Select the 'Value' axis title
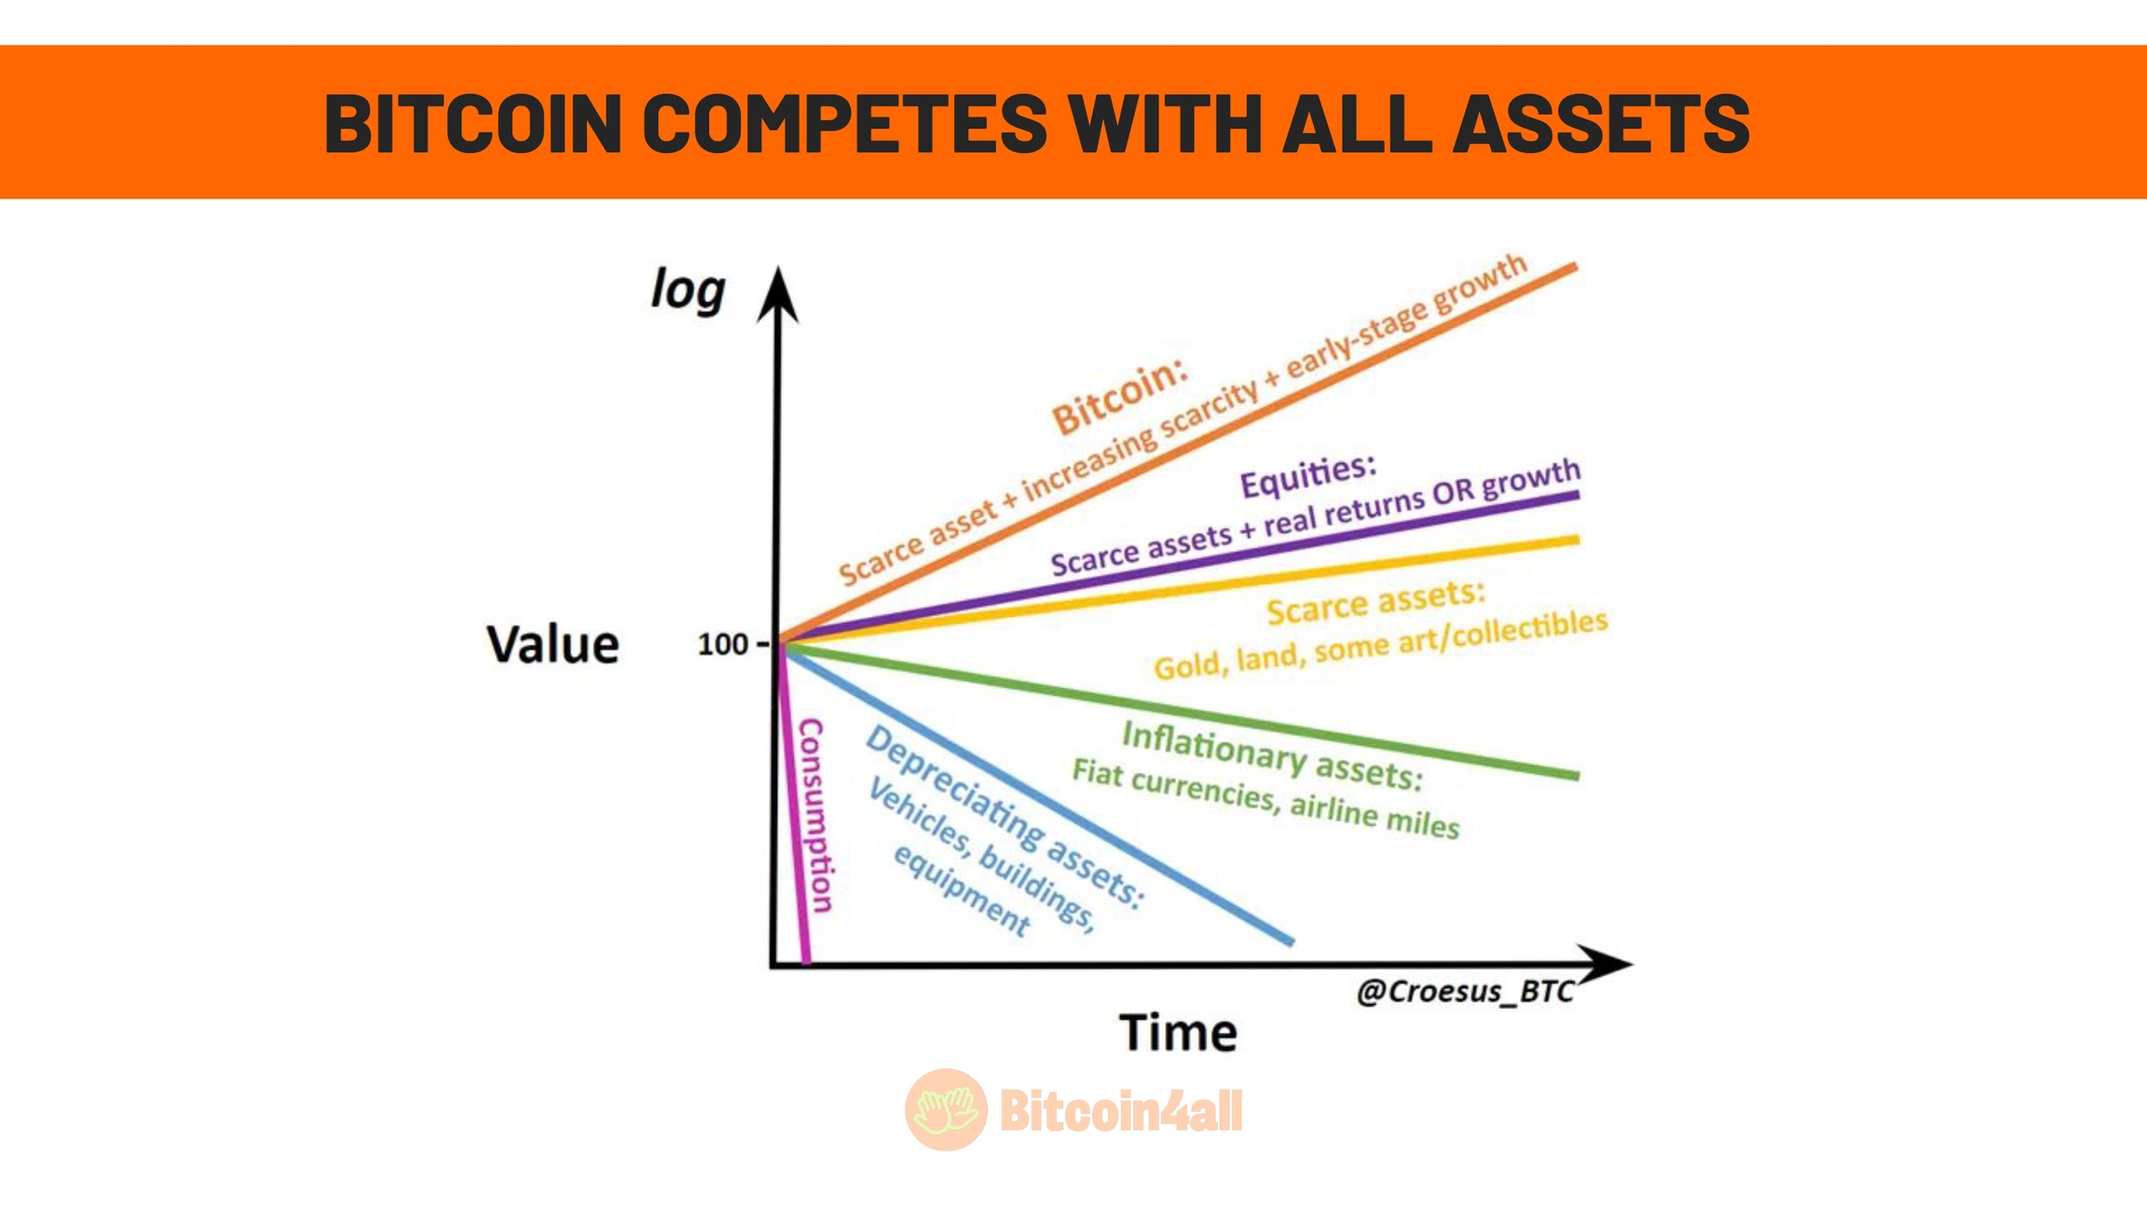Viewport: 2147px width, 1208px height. click(x=553, y=644)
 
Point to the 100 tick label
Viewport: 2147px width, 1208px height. click(x=722, y=644)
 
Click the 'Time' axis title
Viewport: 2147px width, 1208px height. click(x=1178, y=1033)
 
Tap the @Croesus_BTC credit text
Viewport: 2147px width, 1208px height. click(x=1466, y=992)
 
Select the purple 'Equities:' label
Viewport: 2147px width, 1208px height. click(x=1307, y=476)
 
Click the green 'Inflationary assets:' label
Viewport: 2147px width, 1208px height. click(x=1272, y=756)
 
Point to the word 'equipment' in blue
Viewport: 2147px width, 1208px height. click(x=962, y=891)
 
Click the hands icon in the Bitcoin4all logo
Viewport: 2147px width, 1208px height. click(x=946, y=1109)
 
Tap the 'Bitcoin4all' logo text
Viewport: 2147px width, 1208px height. click(x=1121, y=1110)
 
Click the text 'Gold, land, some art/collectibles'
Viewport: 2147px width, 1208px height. click(x=1381, y=645)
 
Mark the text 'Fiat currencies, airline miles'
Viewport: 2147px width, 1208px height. click(x=1265, y=799)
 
